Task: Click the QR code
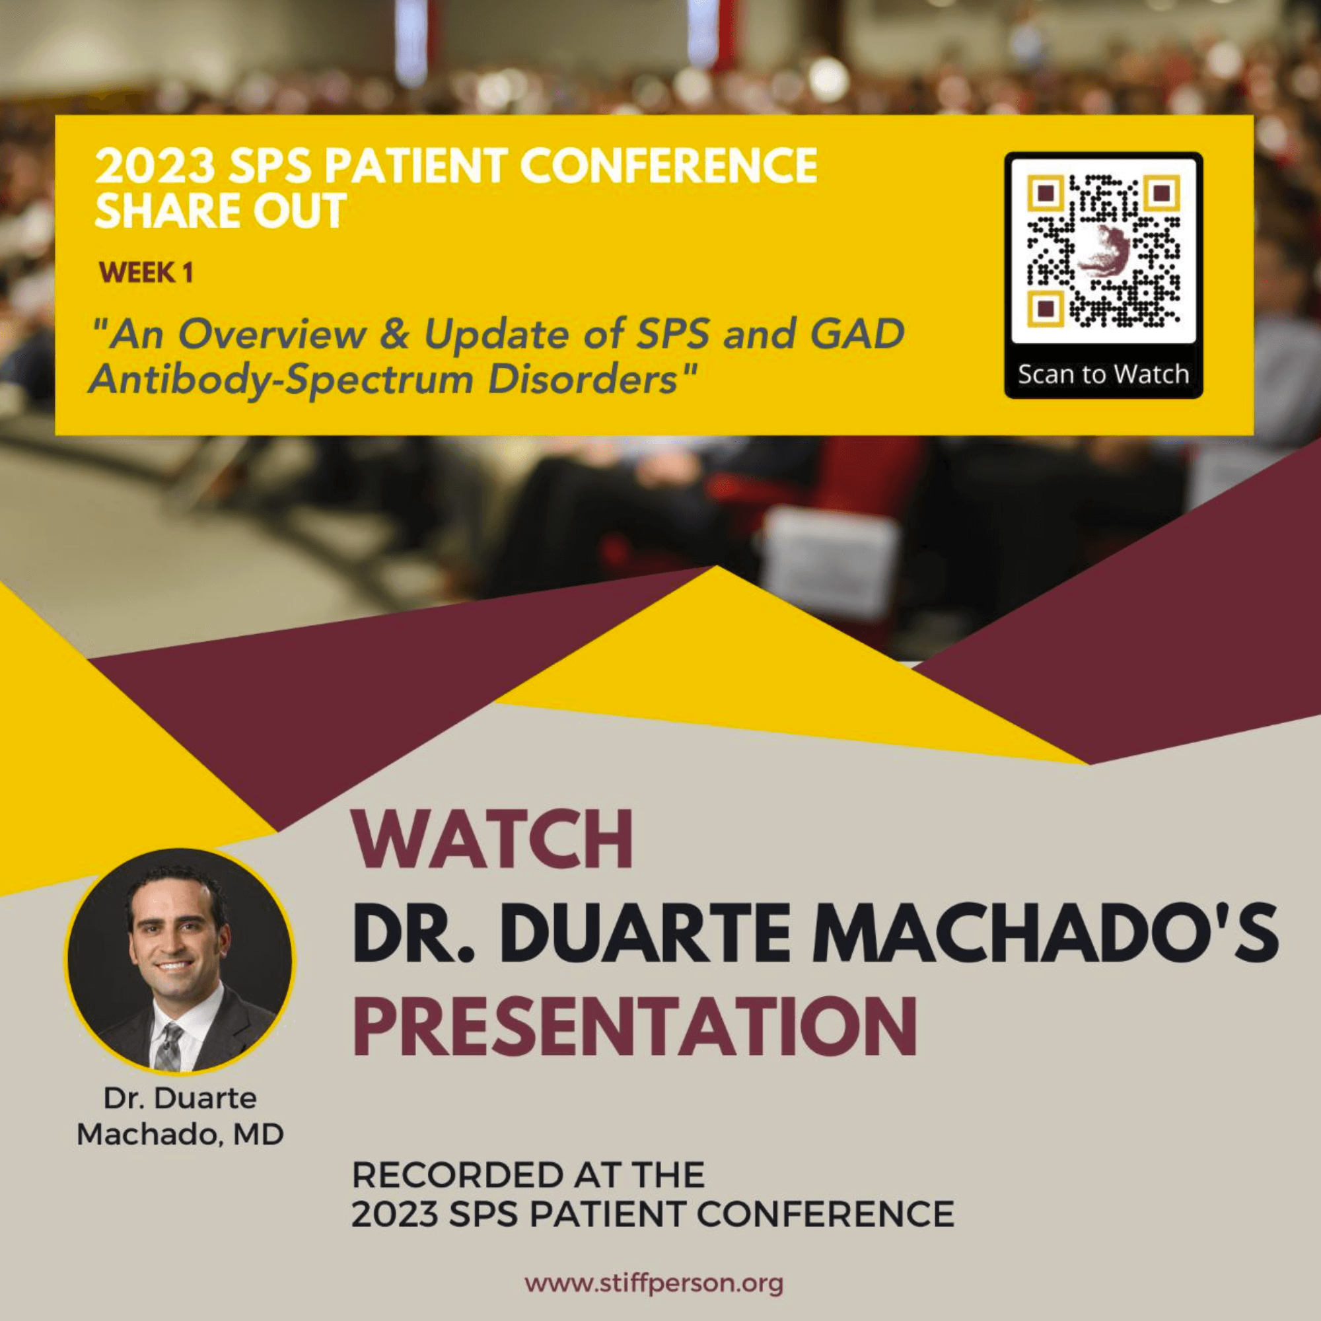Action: (x=1104, y=250)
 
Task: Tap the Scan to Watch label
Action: (x=1104, y=375)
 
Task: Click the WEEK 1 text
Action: (x=145, y=273)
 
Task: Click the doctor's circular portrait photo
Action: (x=180, y=960)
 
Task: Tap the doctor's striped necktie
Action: (x=168, y=1047)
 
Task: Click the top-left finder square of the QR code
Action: (x=1045, y=194)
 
